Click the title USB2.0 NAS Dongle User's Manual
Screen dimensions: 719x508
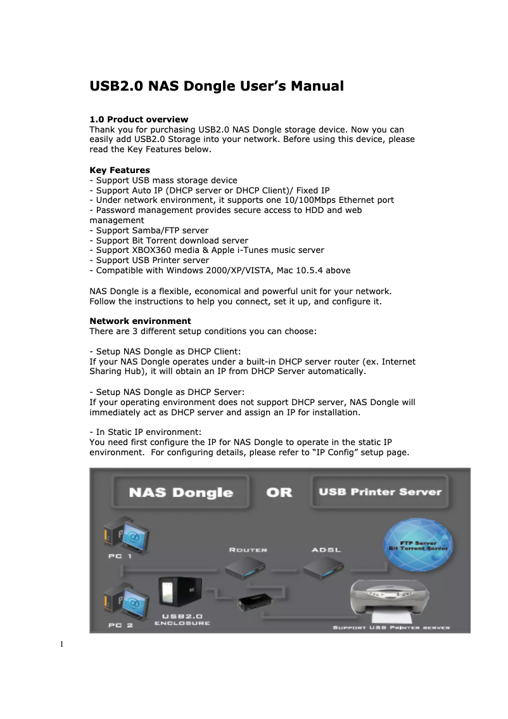(217, 86)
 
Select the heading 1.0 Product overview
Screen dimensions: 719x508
(139, 119)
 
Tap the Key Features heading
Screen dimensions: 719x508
(120, 170)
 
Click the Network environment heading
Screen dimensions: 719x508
(140, 321)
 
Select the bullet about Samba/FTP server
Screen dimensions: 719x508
(149, 230)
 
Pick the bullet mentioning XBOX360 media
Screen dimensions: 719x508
(207, 250)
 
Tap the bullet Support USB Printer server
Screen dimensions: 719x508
(149, 260)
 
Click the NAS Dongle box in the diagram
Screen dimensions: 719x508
(181, 493)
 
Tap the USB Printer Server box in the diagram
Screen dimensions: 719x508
(379, 492)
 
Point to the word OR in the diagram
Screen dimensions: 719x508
(279, 493)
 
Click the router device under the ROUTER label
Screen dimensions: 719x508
(248, 567)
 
